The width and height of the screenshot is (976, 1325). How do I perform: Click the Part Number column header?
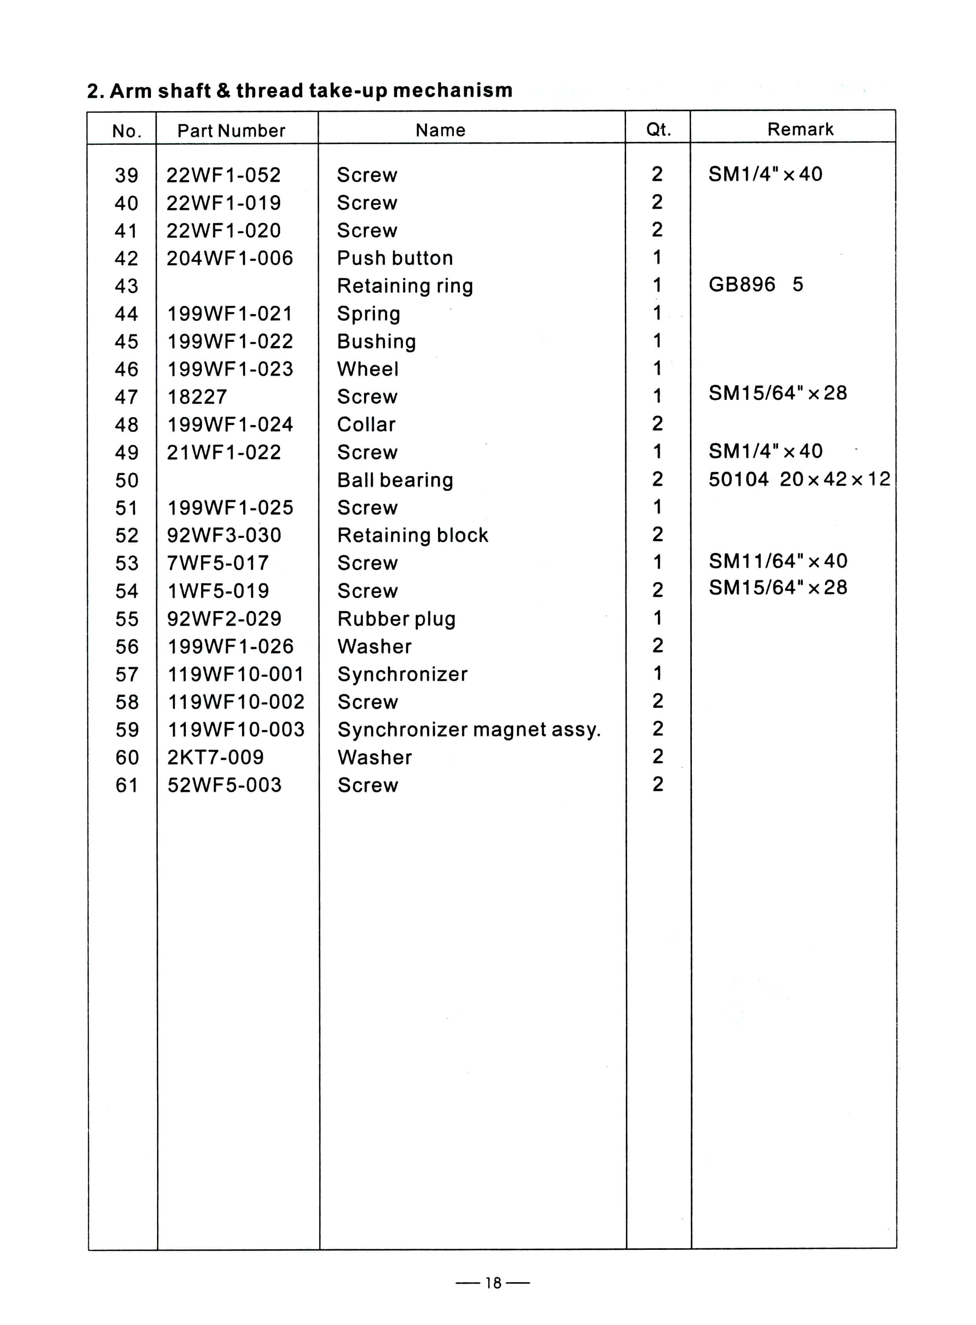pyautogui.click(x=231, y=131)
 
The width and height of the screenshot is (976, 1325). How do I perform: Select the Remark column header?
pyautogui.click(x=800, y=130)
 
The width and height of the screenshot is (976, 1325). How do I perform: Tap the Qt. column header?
pyautogui.click(x=658, y=130)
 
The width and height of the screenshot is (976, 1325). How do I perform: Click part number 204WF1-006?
pyautogui.click(x=230, y=258)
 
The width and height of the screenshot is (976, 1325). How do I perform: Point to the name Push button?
pyautogui.click(x=395, y=258)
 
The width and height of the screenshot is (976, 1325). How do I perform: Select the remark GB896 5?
pyautogui.click(x=756, y=285)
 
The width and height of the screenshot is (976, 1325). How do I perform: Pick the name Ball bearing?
pyautogui.click(x=395, y=480)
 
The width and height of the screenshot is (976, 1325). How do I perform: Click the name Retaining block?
pyautogui.click(x=412, y=535)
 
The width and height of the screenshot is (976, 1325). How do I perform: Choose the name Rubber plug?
pyautogui.click(x=396, y=619)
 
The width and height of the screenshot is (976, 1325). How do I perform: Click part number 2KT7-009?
pyautogui.click(x=216, y=758)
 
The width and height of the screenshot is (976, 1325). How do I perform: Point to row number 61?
pyautogui.click(x=126, y=785)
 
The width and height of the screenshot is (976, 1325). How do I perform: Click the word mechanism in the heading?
pyautogui.click(x=453, y=91)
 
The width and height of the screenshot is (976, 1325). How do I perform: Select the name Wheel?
pyautogui.click(x=368, y=369)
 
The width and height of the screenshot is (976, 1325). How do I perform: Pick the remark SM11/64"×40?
pyautogui.click(x=778, y=561)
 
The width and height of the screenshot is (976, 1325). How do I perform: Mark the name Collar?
pyautogui.click(x=366, y=425)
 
